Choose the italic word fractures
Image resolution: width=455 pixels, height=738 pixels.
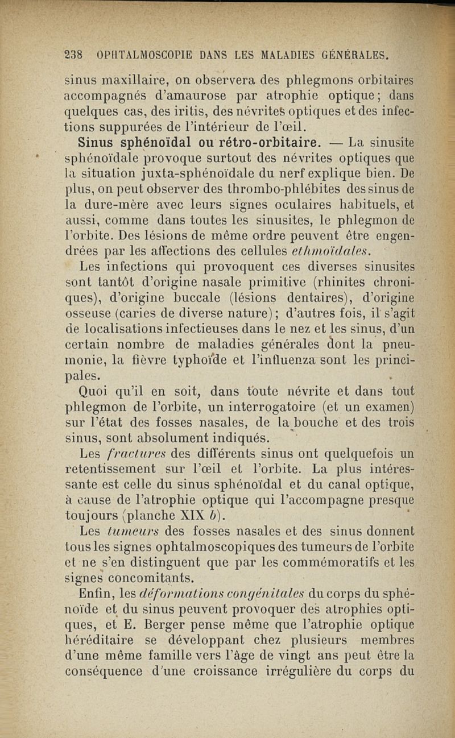(125, 453)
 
